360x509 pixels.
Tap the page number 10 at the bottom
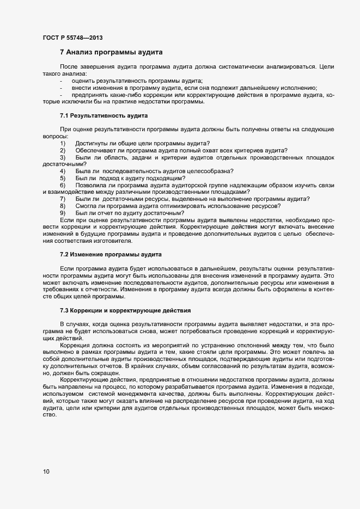tap(46, 471)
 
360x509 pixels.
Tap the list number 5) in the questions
tap(63, 178)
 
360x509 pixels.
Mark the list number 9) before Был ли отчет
tap(63, 213)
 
